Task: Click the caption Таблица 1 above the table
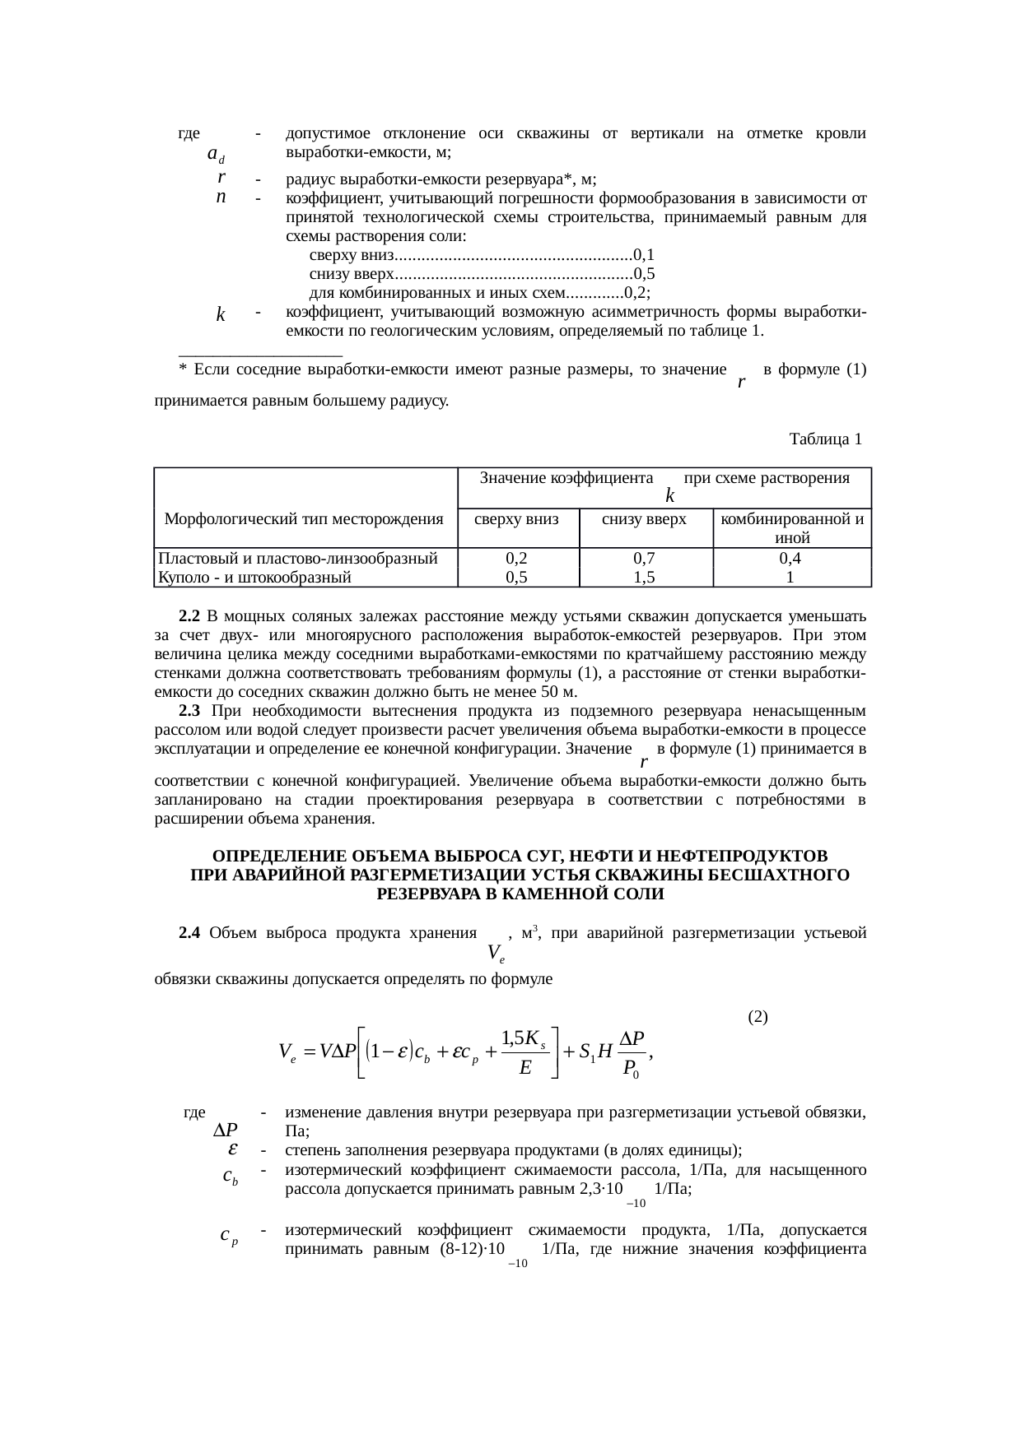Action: click(825, 439)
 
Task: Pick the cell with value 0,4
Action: click(790, 558)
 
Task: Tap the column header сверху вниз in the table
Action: click(518, 518)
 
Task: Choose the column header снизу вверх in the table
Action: click(645, 518)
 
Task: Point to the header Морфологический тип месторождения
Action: click(304, 518)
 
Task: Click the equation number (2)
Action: click(758, 1016)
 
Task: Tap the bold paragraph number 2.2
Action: click(189, 616)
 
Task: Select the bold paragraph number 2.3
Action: click(189, 711)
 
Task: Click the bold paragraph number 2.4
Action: click(189, 932)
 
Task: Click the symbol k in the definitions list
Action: click(221, 314)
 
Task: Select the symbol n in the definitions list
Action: click(221, 197)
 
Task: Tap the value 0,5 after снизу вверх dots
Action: click(645, 273)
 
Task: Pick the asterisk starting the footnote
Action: click(182, 369)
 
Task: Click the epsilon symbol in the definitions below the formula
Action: click(233, 1148)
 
